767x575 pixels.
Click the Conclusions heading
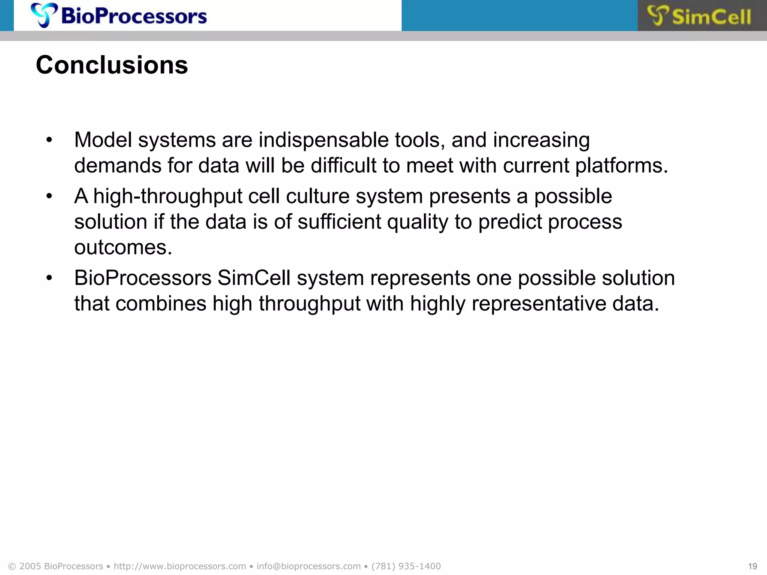(112, 65)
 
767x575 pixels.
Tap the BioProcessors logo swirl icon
(44, 15)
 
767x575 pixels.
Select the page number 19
(752, 566)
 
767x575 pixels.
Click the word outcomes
(123, 247)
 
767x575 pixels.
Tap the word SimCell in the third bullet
(254, 278)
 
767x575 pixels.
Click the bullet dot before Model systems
(49, 141)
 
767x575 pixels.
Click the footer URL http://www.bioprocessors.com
(180, 566)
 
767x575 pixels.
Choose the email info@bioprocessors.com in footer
(308, 566)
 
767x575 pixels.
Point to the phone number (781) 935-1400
(406, 566)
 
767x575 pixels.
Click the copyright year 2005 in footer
(30, 566)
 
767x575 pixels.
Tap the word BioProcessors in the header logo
(134, 16)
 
